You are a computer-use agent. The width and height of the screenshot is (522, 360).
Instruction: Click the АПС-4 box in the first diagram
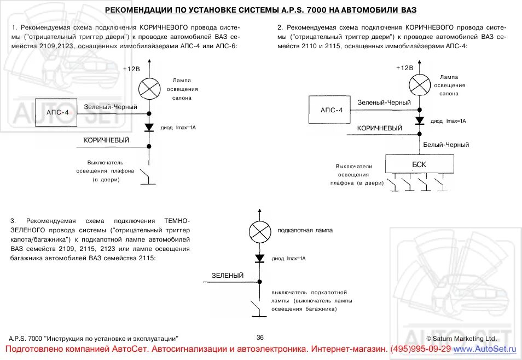point(57,112)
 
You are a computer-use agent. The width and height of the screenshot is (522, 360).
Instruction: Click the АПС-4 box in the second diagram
point(332,110)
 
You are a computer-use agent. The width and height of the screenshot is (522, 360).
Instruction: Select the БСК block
point(419,164)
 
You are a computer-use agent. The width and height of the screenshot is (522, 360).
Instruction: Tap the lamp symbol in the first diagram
point(148,88)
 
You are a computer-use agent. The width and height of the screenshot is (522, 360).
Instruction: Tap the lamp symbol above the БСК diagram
point(420,85)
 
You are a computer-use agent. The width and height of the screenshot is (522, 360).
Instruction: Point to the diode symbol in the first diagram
point(148,128)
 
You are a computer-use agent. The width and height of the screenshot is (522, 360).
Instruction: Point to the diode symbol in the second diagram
point(420,120)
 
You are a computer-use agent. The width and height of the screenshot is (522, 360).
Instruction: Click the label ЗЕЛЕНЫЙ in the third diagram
point(228,276)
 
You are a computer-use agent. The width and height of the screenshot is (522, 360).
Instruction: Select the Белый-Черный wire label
point(446,145)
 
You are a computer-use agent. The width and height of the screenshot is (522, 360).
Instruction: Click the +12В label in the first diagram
point(131,69)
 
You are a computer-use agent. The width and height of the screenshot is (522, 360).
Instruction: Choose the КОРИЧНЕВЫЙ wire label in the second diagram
point(380,128)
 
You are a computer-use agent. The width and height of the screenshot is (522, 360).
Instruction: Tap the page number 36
point(260,338)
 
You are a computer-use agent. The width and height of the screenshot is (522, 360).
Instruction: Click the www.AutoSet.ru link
point(485,349)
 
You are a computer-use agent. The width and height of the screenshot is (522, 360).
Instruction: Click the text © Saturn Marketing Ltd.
point(461,339)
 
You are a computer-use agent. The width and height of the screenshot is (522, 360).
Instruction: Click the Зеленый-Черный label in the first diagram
point(111,107)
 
